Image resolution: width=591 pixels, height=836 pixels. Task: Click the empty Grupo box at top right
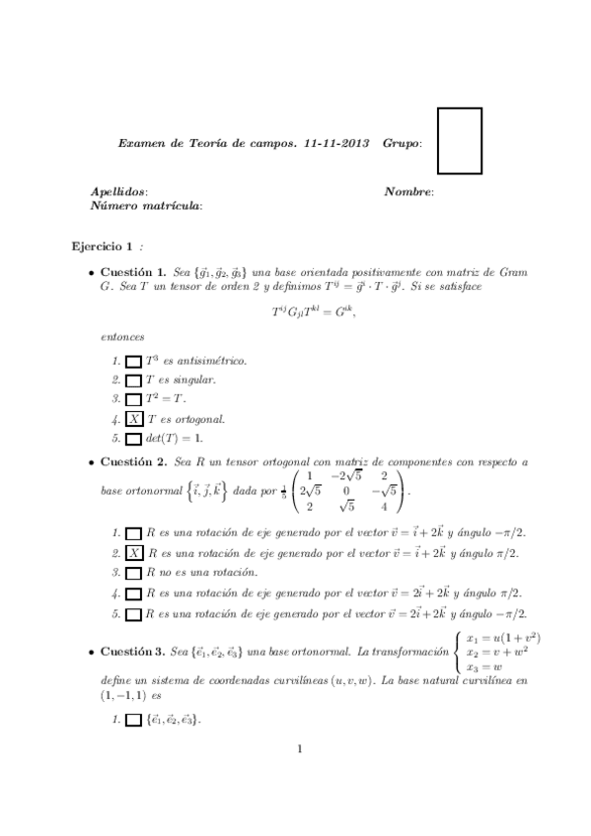click(459, 141)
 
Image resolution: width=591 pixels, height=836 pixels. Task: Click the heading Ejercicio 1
click(101, 245)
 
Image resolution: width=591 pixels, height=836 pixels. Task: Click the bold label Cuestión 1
click(133, 270)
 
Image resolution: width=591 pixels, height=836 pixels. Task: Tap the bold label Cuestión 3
click(133, 652)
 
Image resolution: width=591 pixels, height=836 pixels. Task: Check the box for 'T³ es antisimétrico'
click(134, 362)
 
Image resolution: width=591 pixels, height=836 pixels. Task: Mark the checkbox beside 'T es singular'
click(134, 381)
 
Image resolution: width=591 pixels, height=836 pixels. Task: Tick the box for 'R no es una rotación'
click(134, 572)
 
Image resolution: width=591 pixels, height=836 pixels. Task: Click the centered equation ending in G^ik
click(312, 312)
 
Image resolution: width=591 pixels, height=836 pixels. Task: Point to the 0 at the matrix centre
click(346, 490)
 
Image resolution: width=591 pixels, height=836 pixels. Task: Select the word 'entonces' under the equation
click(121, 337)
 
